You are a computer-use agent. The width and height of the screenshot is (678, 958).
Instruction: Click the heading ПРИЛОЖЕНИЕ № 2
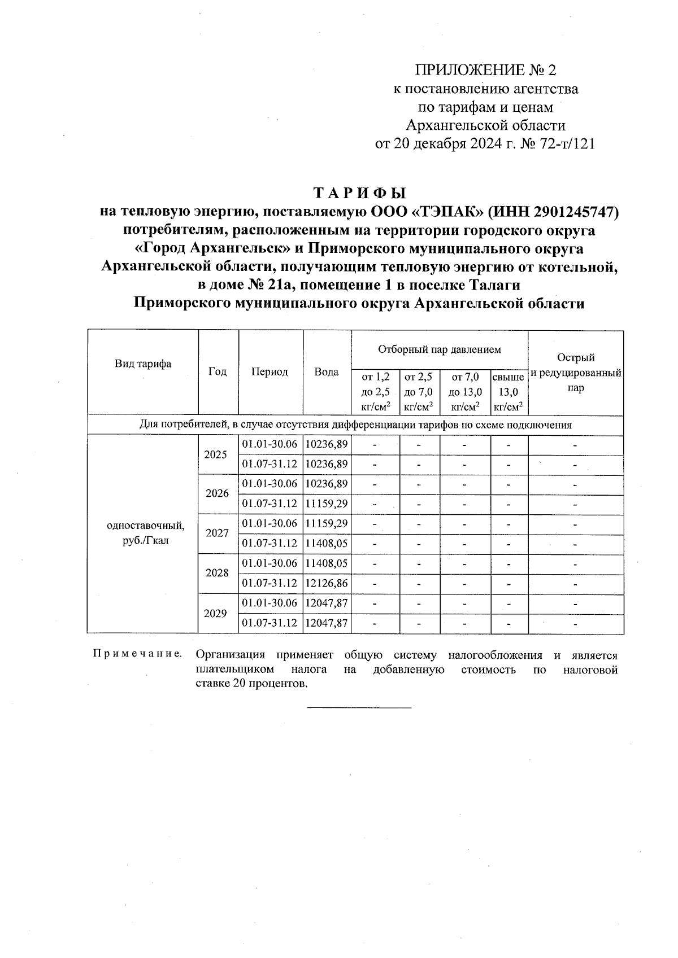click(x=485, y=71)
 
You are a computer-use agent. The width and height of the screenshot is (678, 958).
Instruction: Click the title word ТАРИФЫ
click(x=359, y=193)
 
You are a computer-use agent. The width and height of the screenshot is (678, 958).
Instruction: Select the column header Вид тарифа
click(x=143, y=364)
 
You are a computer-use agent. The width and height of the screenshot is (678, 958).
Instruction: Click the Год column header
click(x=218, y=371)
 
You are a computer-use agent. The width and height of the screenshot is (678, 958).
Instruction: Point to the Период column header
click(x=270, y=371)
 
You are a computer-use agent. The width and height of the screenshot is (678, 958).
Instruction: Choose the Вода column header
click(x=327, y=371)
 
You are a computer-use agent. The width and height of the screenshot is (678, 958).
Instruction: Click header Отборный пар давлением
click(x=439, y=349)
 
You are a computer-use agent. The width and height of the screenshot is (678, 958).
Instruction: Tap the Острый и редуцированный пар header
click(x=576, y=373)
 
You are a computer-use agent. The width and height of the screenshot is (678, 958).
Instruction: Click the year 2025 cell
click(x=215, y=454)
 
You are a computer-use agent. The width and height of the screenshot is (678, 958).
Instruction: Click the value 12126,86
click(x=327, y=583)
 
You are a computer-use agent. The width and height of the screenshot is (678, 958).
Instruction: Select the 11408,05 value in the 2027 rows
click(x=327, y=544)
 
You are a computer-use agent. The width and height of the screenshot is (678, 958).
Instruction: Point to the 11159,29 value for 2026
click(x=327, y=504)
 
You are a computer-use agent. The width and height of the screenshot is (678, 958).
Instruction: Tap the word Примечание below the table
click(x=137, y=655)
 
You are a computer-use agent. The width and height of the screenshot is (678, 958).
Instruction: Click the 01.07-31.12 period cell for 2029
click(x=270, y=623)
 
